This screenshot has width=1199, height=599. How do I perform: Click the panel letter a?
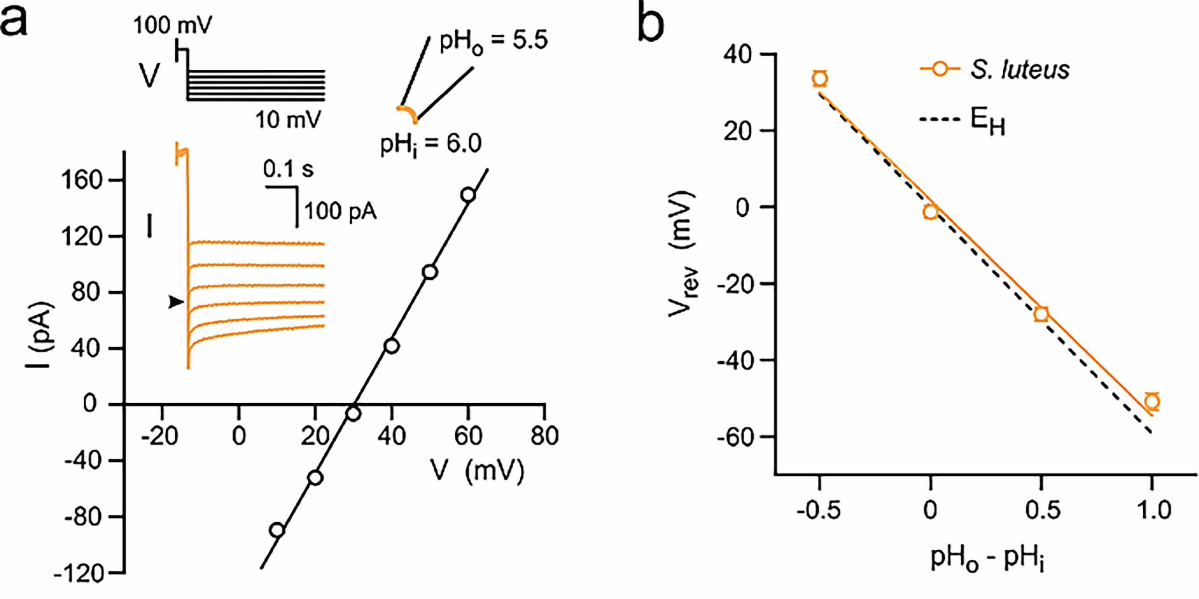pos(14,21)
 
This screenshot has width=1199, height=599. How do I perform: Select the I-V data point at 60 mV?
pos(468,194)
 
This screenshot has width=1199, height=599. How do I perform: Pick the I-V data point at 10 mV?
pos(277,530)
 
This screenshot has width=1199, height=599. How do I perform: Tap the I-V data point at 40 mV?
pos(392,346)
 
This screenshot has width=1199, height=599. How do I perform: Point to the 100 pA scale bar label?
pos(340,212)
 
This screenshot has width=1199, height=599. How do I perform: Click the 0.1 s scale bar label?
pos(288,169)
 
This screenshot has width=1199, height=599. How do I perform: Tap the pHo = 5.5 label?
pos(493,41)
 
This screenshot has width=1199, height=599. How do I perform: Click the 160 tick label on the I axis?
pos(82,180)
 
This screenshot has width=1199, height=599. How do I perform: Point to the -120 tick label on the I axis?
pos(79,574)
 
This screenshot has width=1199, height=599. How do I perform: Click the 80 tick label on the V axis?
pos(544,436)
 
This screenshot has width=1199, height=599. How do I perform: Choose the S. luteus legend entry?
pos(995,70)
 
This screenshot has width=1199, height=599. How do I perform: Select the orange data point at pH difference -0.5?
pos(820,78)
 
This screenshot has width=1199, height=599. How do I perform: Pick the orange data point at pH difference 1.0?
pos(1152,401)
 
